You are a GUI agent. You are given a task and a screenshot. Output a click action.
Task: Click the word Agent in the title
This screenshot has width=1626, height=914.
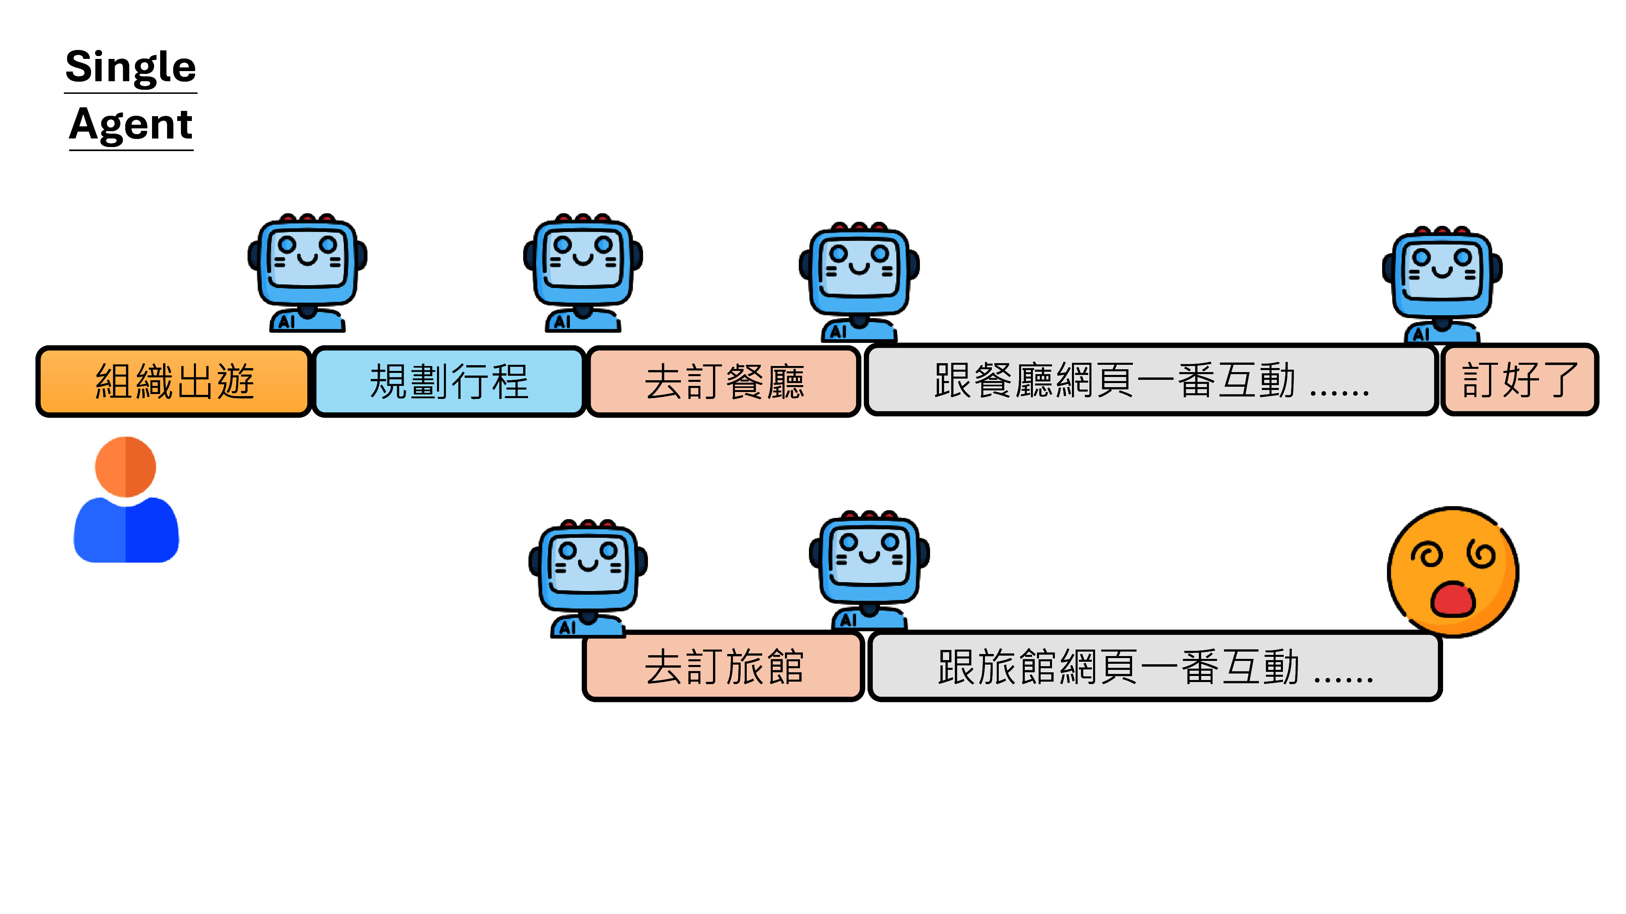(x=130, y=125)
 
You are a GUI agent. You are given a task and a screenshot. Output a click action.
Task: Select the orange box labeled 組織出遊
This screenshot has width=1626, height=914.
(x=174, y=381)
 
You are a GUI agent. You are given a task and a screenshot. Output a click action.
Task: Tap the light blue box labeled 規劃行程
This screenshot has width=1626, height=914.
(x=449, y=381)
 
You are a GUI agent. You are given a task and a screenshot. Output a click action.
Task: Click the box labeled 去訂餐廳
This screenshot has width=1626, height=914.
(x=724, y=381)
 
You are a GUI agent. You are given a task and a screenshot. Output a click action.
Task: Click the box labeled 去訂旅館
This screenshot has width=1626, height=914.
(x=724, y=666)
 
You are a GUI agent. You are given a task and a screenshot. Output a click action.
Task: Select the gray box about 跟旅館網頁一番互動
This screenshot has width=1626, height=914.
(x=1154, y=666)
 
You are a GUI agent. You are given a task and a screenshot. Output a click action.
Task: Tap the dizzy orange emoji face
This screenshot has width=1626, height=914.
(x=1452, y=571)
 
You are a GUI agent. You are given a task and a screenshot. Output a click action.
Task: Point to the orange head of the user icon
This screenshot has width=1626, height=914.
(x=126, y=467)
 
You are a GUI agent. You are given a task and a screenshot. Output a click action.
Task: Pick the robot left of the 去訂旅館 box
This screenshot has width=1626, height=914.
(x=588, y=577)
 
